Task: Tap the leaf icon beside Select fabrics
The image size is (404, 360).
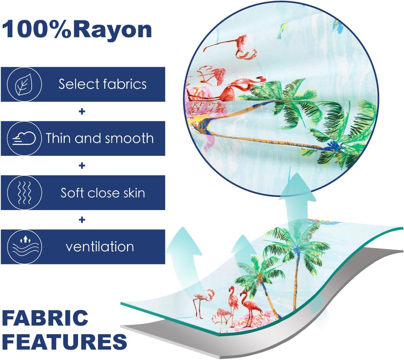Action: tap(24, 84)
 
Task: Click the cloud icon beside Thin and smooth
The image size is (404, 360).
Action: tap(24, 139)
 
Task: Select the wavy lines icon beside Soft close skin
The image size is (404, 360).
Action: tap(24, 193)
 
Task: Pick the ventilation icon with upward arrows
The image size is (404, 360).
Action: tap(24, 247)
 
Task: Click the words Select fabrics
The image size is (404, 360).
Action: tap(103, 84)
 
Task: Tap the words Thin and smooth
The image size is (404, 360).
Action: tap(100, 139)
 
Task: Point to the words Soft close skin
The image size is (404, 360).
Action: tap(103, 193)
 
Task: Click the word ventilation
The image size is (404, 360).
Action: tap(100, 247)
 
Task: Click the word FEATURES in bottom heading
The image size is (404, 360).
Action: tap(64, 342)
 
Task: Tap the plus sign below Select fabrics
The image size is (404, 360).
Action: tap(82, 112)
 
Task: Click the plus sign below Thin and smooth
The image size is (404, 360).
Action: tap(82, 166)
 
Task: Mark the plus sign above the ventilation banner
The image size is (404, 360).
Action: tap(82, 220)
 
